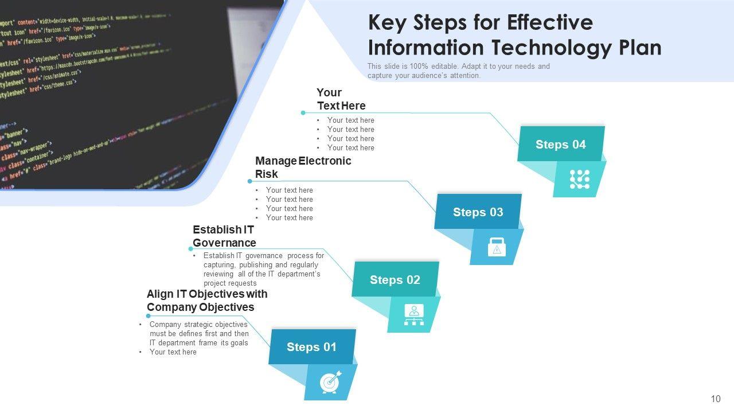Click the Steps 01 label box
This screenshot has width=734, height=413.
[x=312, y=347]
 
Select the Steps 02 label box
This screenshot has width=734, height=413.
[x=395, y=280]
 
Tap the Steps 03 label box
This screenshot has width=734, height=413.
[x=478, y=212]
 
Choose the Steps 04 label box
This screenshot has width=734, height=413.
[x=561, y=145]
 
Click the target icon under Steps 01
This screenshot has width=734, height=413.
[x=330, y=382]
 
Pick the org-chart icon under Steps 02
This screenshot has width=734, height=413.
[x=413, y=314]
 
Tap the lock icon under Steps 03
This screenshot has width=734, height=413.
[x=497, y=247]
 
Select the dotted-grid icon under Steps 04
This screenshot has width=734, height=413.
[x=580, y=180]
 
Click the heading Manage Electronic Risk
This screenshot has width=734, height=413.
[x=303, y=167]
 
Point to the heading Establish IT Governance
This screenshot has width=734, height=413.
[x=224, y=236]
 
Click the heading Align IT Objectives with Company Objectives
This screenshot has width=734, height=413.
[x=207, y=301]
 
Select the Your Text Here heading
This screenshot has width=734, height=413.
[x=341, y=99]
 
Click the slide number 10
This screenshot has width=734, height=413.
[x=715, y=399]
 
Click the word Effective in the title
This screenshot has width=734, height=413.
[x=549, y=22]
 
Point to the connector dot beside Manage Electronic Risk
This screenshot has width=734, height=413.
[x=249, y=181]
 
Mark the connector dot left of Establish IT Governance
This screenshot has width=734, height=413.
[x=191, y=249]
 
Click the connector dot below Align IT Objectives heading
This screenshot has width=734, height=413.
[x=148, y=315]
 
